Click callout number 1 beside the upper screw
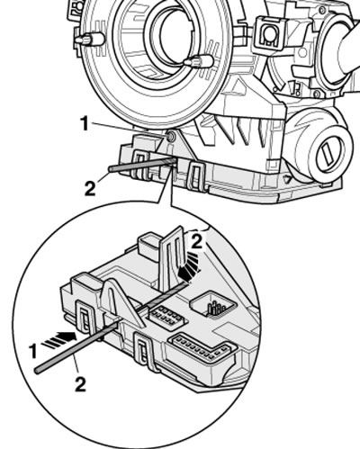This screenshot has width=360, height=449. coord(85,124)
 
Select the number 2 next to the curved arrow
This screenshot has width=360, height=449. coord(197,242)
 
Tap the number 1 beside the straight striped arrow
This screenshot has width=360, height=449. coord(33,351)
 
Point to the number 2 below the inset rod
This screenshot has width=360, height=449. coord(80,384)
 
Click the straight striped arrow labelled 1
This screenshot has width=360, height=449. coord(59,339)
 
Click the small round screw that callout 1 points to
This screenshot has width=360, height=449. coord(171,137)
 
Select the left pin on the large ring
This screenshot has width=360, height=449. coord(89,40)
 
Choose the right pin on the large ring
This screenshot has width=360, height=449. coord(199,61)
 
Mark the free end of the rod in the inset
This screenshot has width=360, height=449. coord(37,371)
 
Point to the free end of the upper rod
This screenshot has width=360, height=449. coord(111,169)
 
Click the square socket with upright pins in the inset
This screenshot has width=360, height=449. coord(213,304)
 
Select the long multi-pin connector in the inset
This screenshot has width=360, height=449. coord(202,347)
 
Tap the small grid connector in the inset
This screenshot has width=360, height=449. coord(166,317)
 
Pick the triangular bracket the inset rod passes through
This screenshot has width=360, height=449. coord(123,303)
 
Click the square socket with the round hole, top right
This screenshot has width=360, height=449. coord(269,32)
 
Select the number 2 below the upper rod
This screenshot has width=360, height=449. coord(90,188)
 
